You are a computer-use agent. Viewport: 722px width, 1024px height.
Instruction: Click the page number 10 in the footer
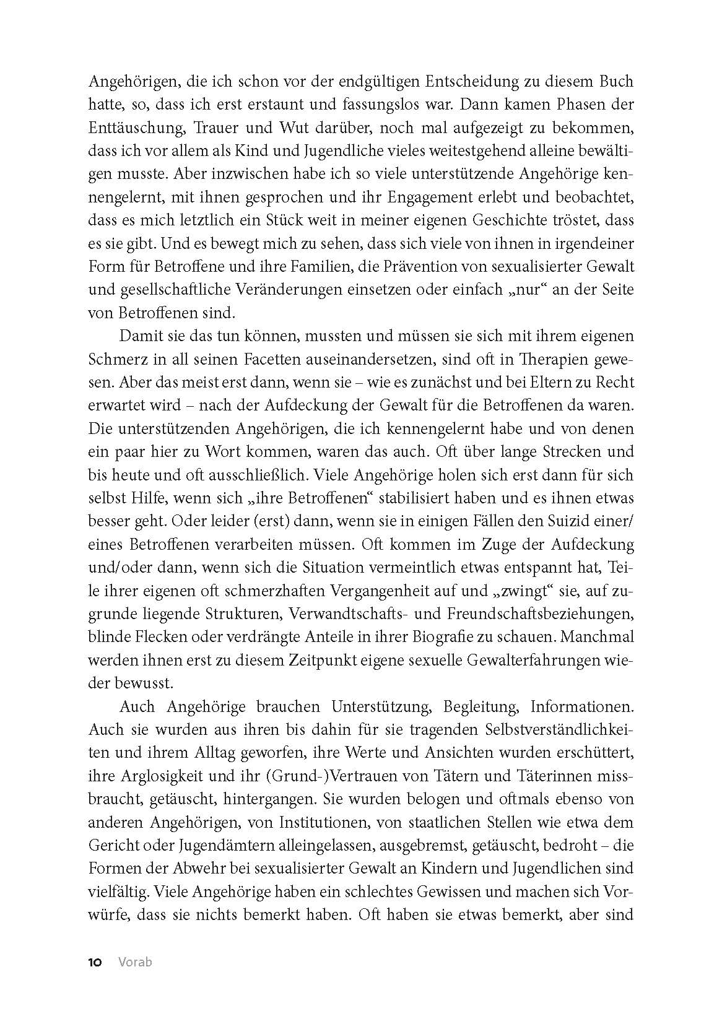pyautogui.click(x=95, y=962)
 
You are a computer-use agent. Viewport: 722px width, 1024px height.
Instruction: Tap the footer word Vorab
pyautogui.click(x=135, y=962)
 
